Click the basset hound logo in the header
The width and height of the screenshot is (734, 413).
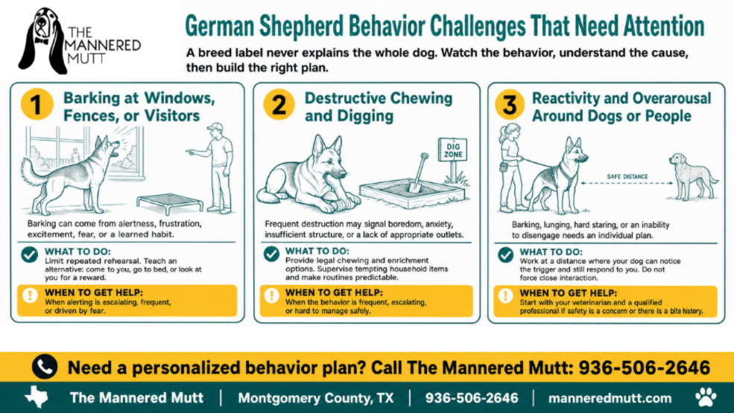coord(43,41)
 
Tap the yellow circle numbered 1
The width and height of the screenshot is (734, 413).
coord(37,104)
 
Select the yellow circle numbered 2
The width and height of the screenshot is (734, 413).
coord(279,104)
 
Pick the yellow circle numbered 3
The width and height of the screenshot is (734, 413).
coord(510,105)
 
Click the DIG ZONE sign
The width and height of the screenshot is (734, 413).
coord(452,150)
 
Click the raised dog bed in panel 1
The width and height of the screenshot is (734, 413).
coord(170,203)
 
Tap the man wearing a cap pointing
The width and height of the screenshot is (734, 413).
coord(215,168)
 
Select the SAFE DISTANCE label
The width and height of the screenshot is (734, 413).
coord(627,177)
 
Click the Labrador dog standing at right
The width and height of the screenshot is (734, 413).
coord(692,176)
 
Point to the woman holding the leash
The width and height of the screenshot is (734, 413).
coord(512,167)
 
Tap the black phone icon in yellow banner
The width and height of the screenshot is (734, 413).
coord(45,367)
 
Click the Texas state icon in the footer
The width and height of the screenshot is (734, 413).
coord(37,397)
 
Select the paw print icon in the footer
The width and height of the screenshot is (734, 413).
coord(706,397)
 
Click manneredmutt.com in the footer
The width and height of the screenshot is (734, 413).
coord(610,398)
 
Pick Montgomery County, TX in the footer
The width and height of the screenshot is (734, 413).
coord(315,398)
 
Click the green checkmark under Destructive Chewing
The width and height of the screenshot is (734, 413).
coord(271,254)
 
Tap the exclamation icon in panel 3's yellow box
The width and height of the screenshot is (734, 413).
coord(505,295)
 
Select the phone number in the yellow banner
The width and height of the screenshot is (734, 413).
coord(644,368)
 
